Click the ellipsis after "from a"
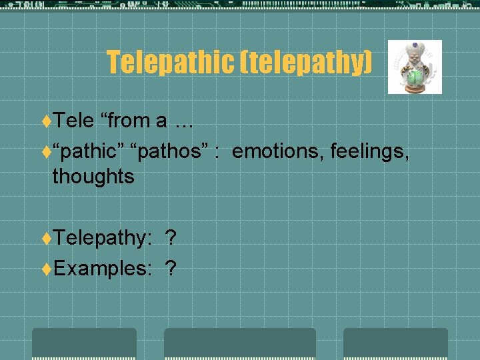[184, 121]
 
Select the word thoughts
[93, 177]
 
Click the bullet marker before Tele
[47, 121]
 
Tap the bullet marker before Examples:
[47, 269]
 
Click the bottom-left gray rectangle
[84, 343]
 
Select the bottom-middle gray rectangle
[240, 343]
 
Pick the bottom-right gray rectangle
[395, 343]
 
